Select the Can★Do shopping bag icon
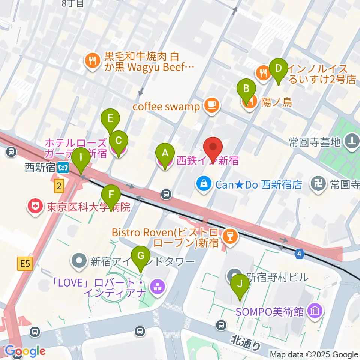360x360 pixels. click(x=203, y=184)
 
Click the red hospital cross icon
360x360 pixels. click(x=35, y=207)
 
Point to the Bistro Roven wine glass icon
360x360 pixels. click(x=228, y=236)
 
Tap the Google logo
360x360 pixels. click(x=25, y=351)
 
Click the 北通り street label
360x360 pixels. click(x=245, y=342)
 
